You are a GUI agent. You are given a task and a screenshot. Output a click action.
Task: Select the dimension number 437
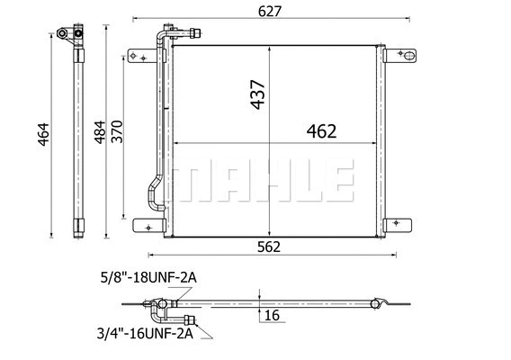(x=258, y=93)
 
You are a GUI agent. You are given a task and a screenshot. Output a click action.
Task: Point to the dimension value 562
(x=268, y=247)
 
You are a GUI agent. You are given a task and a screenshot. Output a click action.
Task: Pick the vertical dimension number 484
(x=100, y=132)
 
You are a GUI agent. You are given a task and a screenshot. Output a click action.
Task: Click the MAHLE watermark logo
(x=262, y=182)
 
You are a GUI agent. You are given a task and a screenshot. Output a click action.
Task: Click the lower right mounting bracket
(x=401, y=225)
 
